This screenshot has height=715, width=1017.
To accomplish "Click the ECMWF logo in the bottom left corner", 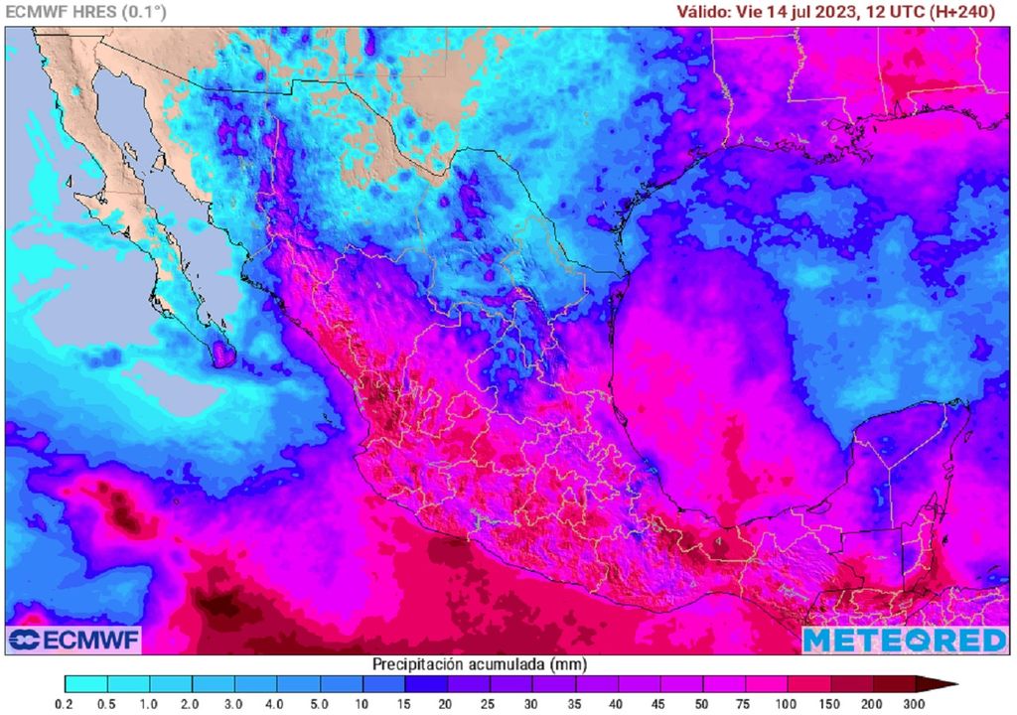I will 73,640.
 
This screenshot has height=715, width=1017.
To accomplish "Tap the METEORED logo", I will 905,640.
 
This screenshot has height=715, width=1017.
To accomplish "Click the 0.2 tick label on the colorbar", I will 66,704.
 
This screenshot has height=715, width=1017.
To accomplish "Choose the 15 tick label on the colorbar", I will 405,704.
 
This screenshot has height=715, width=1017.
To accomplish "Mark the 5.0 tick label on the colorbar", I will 321,704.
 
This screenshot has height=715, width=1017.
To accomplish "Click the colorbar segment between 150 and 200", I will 851,683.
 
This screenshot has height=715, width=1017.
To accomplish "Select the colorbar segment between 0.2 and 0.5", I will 86,683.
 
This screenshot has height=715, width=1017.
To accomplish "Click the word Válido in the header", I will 703,12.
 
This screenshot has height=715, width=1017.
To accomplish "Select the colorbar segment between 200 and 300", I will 894,683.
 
